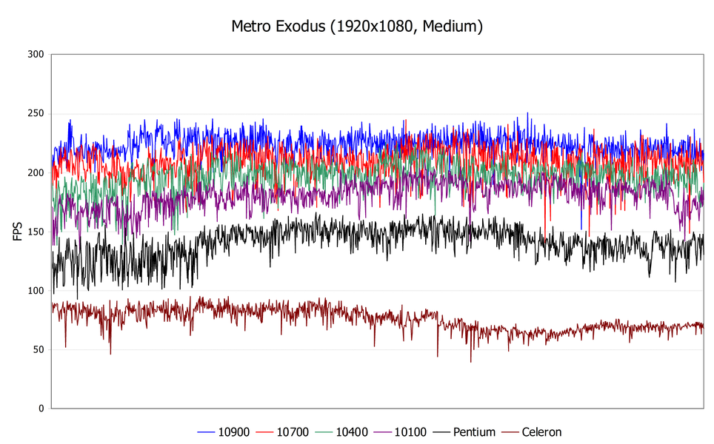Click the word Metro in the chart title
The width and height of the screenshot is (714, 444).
coord(249,27)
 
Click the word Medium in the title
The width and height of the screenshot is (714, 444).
coord(453,27)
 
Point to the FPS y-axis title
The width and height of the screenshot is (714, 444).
coord(18,231)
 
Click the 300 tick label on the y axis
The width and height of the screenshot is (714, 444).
coord(35,55)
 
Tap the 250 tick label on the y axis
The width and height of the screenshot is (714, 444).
coord(35,114)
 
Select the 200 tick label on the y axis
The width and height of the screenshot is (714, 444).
coord(35,172)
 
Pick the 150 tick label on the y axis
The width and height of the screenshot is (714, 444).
coord(35,232)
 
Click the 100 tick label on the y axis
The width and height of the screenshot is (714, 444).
coord(35,291)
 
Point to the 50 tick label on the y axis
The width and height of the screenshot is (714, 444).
coord(38,349)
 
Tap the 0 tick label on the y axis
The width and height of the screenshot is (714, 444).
coord(41,408)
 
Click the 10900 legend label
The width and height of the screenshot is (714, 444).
coord(234,432)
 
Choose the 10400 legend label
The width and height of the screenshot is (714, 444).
coord(353,432)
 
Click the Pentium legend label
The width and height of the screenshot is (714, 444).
coord(474,432)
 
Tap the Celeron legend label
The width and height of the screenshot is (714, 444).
coord(541,432)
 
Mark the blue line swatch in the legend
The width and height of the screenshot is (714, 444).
coord(207,432)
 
